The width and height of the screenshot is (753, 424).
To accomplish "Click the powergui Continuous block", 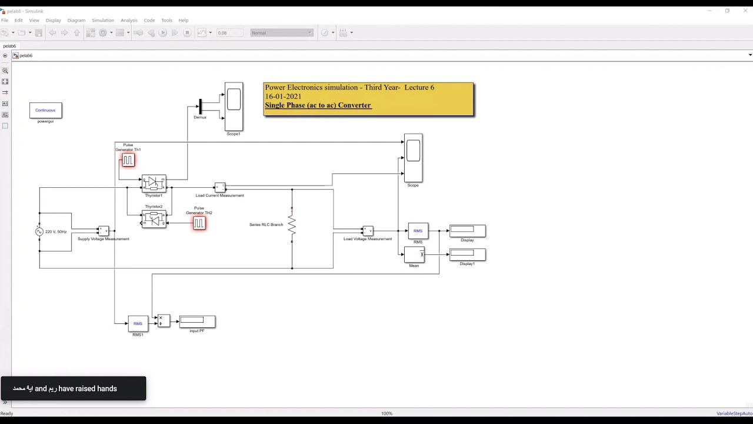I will pyautogui.click(x=45, y=110).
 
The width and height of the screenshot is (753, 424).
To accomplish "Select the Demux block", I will pyautogui.click(x=201, y=107).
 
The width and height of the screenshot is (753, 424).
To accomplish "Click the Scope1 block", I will pyautogui.click(x=234, y=106).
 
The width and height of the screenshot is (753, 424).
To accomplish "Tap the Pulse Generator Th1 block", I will pyautogui.click(x=128, y=160).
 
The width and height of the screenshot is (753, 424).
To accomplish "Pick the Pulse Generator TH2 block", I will pyautogui.click(x=199, y=223).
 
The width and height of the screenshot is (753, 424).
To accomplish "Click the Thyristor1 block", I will pyautogui.click(x=154, y=183).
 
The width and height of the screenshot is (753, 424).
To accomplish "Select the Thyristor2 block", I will pyautogui.click(x=154, y=219).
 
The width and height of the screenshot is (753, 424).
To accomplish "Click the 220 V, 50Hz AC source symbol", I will pyautogui.click(x=39, y=231).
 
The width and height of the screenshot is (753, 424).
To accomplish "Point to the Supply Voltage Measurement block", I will pyautogui.click(x=103, y=231).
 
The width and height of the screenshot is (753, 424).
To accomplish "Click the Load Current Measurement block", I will pyautogui.click(x=219, y=187).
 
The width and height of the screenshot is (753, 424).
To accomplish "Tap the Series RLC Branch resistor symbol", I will pyautogui.click(x=292, y=225).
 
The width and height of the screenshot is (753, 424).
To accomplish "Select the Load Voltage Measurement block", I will pyautogui.click(x=368, y=231).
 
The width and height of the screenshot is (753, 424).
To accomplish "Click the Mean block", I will pyautogui.click(x=414, y=254).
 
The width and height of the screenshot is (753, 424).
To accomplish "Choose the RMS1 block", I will pyautogui.click(x=138, y=323).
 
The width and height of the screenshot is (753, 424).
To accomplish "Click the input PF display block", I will pyautogui.click(x=197, y=321).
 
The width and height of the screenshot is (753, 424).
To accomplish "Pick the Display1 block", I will pyautogui.click(x=467, y=254).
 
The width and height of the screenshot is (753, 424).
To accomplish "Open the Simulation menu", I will pyautogui.click(x=102, y=20).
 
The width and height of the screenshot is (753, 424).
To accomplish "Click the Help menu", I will pyautogui.click(x=184, y=20).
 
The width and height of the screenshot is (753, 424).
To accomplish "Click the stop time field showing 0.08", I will pyautogui.click(x=229, y=33).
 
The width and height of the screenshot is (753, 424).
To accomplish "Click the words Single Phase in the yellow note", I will pyautogui.click(x=281, y=105).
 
